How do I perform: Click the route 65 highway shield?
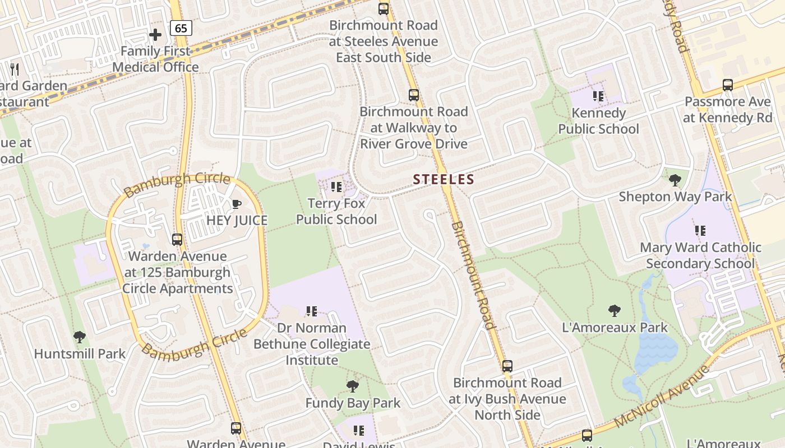pyautogui.click(x=182, y=28)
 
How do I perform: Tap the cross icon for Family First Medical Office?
pyautogui.click(x=155, y=35)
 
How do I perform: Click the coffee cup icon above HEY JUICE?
pyautogui.click(x=237, y=204)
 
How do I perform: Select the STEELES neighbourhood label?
pyautogui.click(x=444, y=179)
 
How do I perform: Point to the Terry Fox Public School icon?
pyautogui.click(x=336, y=187)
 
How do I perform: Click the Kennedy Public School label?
pyautogui.click(x=598, y=121)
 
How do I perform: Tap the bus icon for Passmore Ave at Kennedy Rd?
pyautogui.click(x=728, y=85)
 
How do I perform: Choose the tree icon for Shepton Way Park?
pyautogui.click(x=675, y=180)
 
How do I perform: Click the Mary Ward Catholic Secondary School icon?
pyautogui.click(x=700, y=230)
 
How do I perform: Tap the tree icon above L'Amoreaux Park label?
pyautogui.click(x=615, y=311)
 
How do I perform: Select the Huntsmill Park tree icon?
pyautogui.click(x=80, y=337)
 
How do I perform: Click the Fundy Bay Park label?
pyautogui.click(x=353, y=403)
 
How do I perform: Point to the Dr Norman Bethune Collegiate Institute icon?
pyautogui.click(x=312, y=311)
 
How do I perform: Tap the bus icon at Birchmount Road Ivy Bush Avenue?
pyautogui.click(x=507, y=366)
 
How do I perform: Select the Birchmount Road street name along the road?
pyautogui.click(x=473, y=274)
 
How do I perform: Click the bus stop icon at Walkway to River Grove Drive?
pyautogui.click(x=414, y=95)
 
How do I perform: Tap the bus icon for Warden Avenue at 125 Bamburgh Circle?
pyautogui.click(x=177, y=240)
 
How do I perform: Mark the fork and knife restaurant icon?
pyautogui.click(x=15, y=69)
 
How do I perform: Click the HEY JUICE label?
pyautogui.click(x=237, y=220)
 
